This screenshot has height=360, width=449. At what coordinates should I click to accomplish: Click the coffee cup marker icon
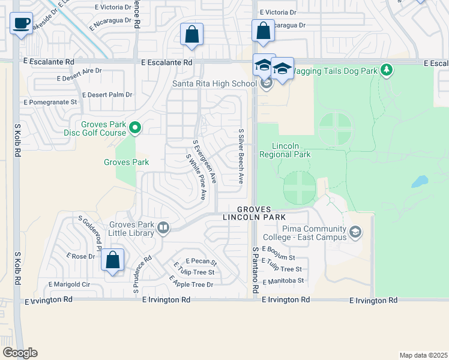22,23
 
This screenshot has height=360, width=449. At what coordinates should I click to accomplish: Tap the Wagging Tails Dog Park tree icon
387,70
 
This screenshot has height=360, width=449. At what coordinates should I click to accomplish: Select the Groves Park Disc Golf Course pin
136,127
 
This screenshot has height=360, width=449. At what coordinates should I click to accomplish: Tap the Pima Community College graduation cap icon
355,232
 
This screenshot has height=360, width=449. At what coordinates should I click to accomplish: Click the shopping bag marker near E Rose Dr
112,260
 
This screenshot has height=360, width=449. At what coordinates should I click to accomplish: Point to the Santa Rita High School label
214,83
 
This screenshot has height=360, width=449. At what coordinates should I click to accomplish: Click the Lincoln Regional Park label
285,150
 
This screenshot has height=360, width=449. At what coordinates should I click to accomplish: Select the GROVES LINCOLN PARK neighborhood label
253,212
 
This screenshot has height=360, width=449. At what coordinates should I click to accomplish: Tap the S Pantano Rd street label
255,270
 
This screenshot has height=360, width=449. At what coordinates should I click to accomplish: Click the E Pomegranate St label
50,103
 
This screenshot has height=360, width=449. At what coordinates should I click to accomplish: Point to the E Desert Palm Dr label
107,95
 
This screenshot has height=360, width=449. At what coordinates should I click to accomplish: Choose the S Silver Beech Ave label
241,155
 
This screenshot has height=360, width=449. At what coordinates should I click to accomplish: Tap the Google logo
19,353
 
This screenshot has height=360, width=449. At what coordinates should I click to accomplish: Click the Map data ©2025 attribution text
423,355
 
